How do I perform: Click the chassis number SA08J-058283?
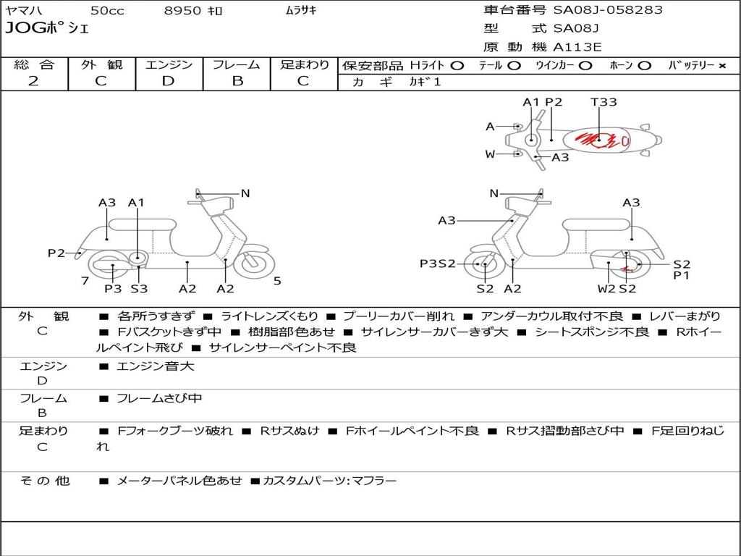(x=608, y=10)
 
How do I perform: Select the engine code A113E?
(x=577, y=47)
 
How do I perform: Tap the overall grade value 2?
(x=33, y=81)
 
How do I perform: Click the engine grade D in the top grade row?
(x=168, y=81)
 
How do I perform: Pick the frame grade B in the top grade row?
(x=237, y=81)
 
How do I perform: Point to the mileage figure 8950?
(x=182, y=10)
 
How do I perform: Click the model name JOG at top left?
(x=25, y=28)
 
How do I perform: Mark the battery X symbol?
(x=722, y=66)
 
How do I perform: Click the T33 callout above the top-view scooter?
(x=604, y=101)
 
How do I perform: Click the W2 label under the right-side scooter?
(x=606, y=288)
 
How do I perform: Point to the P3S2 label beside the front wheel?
(x=438, y=264)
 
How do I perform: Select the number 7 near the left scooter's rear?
(x=85, y=281)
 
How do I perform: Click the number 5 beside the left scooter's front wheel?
(x=277, y=281)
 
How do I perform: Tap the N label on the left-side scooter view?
(x=245, y=193)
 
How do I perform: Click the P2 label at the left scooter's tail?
(x=56, y=253)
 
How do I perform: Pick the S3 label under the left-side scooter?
(x=139, y=288)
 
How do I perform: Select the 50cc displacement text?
(x=107, y=10)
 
